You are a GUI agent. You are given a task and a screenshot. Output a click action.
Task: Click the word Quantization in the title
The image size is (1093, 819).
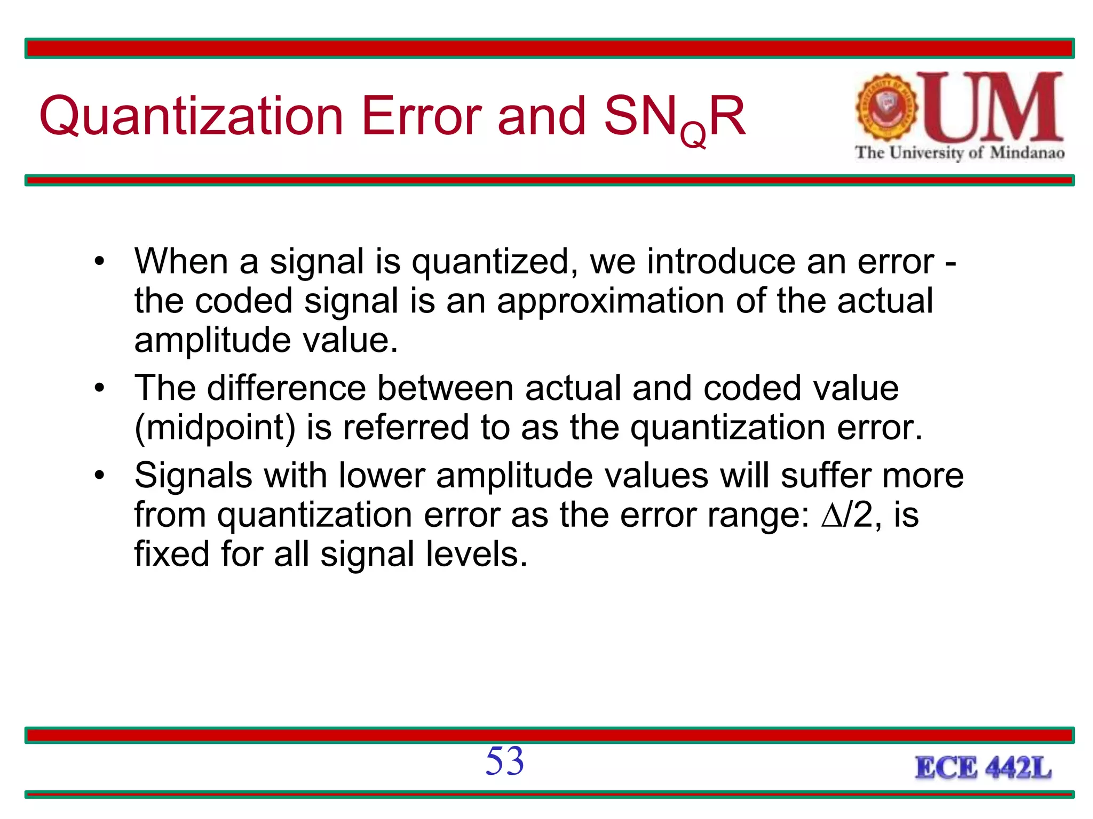point(191,116)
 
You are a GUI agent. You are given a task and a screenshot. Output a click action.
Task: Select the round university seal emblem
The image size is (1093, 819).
point(886,107)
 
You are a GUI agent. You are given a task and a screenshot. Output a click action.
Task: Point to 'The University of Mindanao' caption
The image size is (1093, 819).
point(960,153)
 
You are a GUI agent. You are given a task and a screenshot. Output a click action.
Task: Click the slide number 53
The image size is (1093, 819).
point(504,761)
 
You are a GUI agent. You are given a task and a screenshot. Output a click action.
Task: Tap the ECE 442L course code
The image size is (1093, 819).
point(983,768)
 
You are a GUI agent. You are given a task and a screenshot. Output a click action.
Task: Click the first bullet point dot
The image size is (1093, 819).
point(99,262)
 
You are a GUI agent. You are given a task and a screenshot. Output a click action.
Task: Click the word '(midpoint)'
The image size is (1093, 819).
point(215,428)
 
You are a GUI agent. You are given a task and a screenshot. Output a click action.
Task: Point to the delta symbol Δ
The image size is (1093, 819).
point(831,515)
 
